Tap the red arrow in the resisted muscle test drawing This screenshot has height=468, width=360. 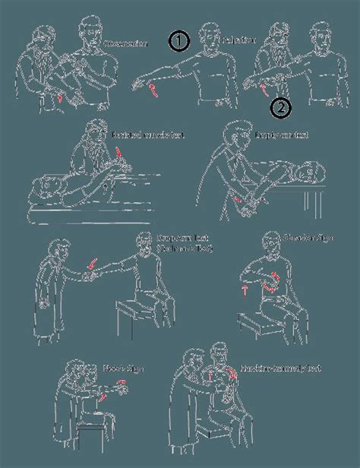[119, 158]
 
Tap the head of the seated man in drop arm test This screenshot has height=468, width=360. [144, 244]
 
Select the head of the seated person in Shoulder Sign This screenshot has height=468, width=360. [270, 242]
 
